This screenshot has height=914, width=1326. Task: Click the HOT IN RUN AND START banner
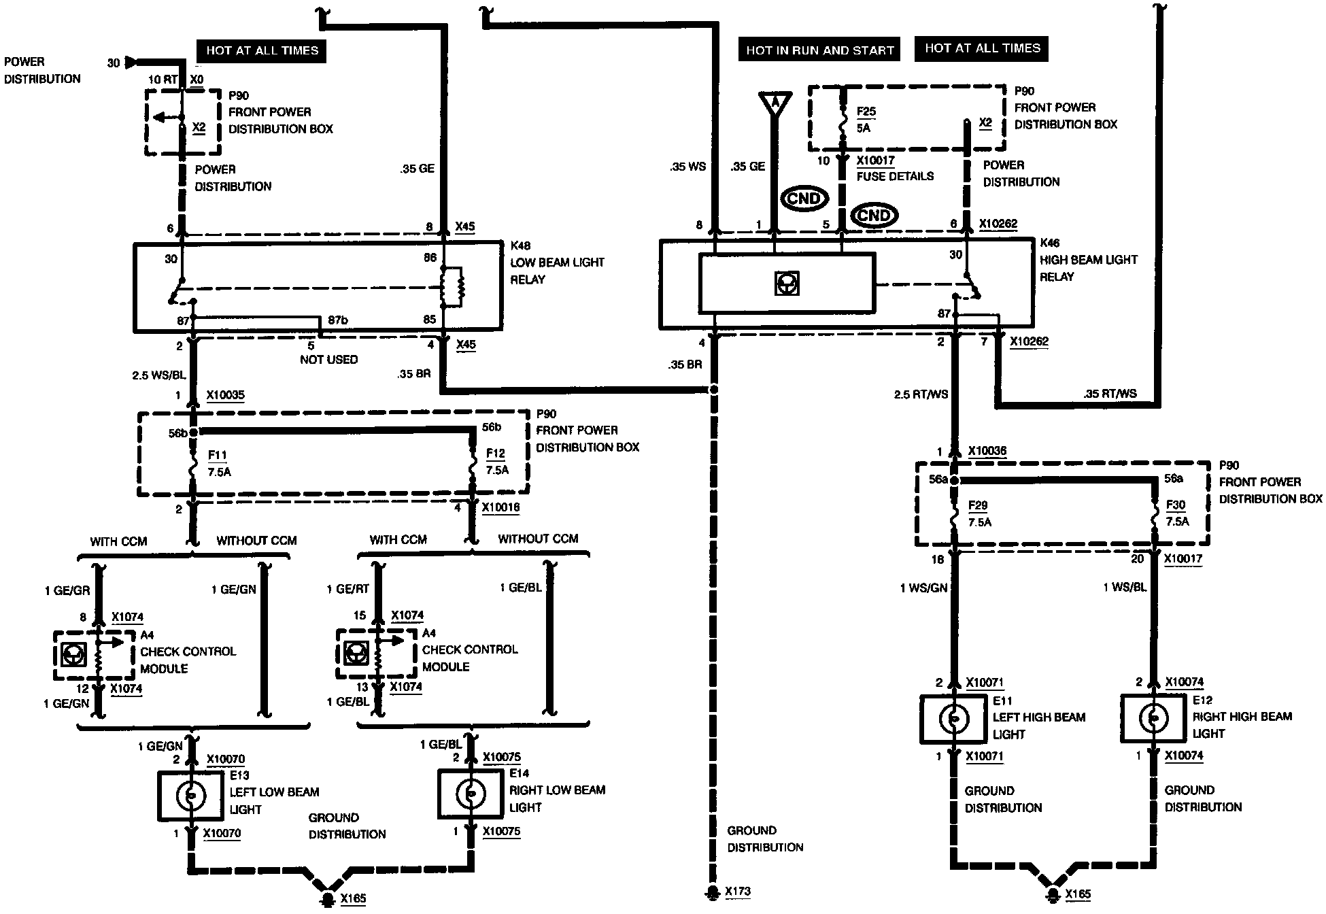[819, 50]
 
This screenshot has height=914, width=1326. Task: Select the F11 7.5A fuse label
[218, 463]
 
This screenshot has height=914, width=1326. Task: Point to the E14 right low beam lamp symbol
[471, 793]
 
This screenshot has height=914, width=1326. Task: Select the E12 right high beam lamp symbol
[1153, 718]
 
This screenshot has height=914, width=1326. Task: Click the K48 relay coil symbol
[452, 287]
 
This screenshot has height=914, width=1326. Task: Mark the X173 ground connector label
[738, 892]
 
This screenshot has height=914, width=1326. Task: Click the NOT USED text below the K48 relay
[328, 359]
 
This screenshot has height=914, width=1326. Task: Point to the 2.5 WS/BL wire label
[159, 375]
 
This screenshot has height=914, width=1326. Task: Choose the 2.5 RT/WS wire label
[920, 394]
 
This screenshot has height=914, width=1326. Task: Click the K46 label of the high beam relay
[1050, 243]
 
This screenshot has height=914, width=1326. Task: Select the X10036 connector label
[987, 451]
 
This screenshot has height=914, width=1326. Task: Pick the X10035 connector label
[225, 395]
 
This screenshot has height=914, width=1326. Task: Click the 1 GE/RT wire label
[347, 589]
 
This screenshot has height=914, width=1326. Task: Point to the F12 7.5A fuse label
[497, 461]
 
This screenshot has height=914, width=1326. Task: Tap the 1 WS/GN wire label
[923, 588]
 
